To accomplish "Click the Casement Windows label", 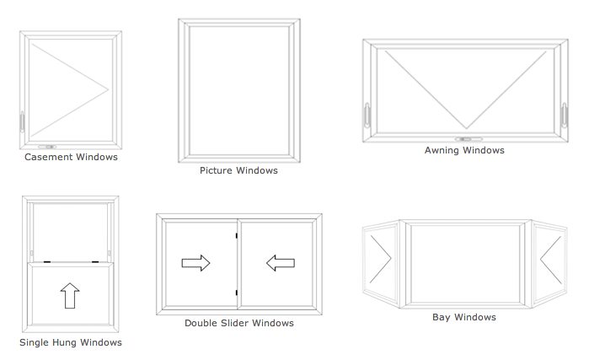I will [x=71, y=157].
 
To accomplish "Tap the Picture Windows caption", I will [x=238, y=170].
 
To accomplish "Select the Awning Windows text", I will [x=464, y=150].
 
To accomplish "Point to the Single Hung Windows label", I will [x=71, y=342].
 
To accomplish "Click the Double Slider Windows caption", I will [x=239, y=323].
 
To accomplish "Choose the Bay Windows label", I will [x=463, y=317].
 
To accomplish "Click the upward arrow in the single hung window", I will [x=70, y=296].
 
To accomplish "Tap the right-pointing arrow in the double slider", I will [x=196, y=264].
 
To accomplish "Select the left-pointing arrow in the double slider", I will [x=281, y=264].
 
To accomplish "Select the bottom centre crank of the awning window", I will [x=469, y=138].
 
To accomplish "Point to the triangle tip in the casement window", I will [x=109, y=89].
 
